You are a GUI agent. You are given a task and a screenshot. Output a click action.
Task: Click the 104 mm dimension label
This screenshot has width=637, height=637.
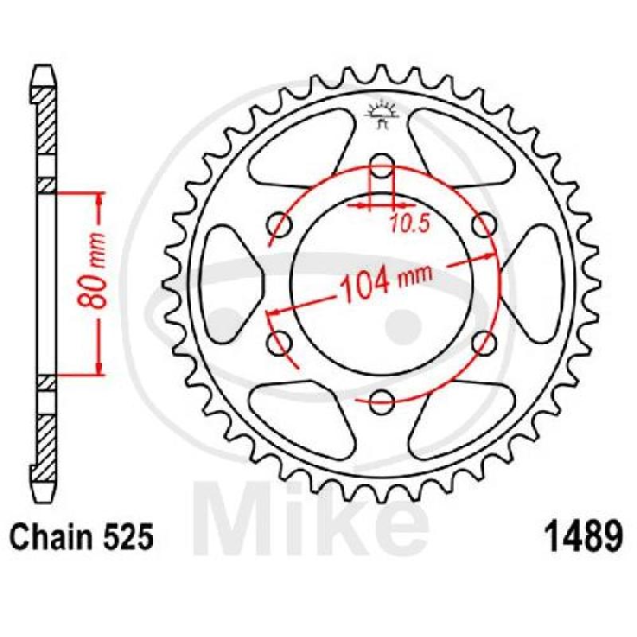click(386, 283)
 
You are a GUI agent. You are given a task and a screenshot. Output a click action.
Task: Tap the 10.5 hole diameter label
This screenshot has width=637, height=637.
click(409, 224)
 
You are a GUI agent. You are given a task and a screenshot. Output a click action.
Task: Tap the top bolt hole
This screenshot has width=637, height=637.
click(381, 166)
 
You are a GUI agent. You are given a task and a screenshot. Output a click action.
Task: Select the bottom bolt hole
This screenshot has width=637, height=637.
click(382, 401)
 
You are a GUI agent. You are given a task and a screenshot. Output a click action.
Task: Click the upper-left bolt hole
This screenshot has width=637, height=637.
click(279, 225)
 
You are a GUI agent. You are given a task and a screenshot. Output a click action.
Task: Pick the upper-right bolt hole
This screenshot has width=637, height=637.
click(485, 225)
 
